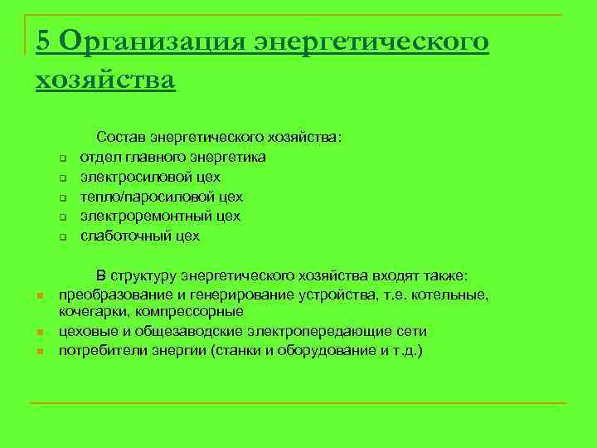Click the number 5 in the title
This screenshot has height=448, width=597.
[x=45, y=41]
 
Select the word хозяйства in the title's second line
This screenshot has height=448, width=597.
[x=105, y=80]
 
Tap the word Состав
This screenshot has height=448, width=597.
[x=121, y=136]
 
